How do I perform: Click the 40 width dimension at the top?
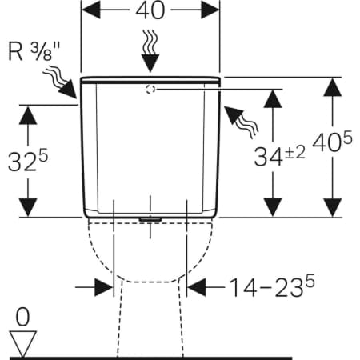[x=150, y=10]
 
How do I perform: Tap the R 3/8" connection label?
[x=34, y=51]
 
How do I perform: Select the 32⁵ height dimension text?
[x=28, y=161]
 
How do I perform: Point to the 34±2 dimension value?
[x=279, y=157]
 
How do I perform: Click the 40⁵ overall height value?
[x=332, y=142]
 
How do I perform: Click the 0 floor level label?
[x=22, y=317]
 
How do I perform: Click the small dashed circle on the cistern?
[x=150, y=90]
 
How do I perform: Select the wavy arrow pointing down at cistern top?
[x=150, y=50]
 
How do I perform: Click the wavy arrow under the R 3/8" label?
[x=60, y=82]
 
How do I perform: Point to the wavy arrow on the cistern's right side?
[x=241, y=122]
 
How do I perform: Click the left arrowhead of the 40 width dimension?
[x=91, y=10]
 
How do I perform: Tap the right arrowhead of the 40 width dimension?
[x=210, y=10]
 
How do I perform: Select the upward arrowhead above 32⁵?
[x=28, y=115]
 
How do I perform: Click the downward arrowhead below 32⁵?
[x=28, y=207]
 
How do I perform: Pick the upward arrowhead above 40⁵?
[x=333, y=87]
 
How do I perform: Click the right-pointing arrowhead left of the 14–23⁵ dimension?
[x=104, y=287]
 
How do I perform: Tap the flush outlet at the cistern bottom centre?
[x=150, y=219]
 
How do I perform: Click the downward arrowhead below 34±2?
[x=273, y=207]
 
